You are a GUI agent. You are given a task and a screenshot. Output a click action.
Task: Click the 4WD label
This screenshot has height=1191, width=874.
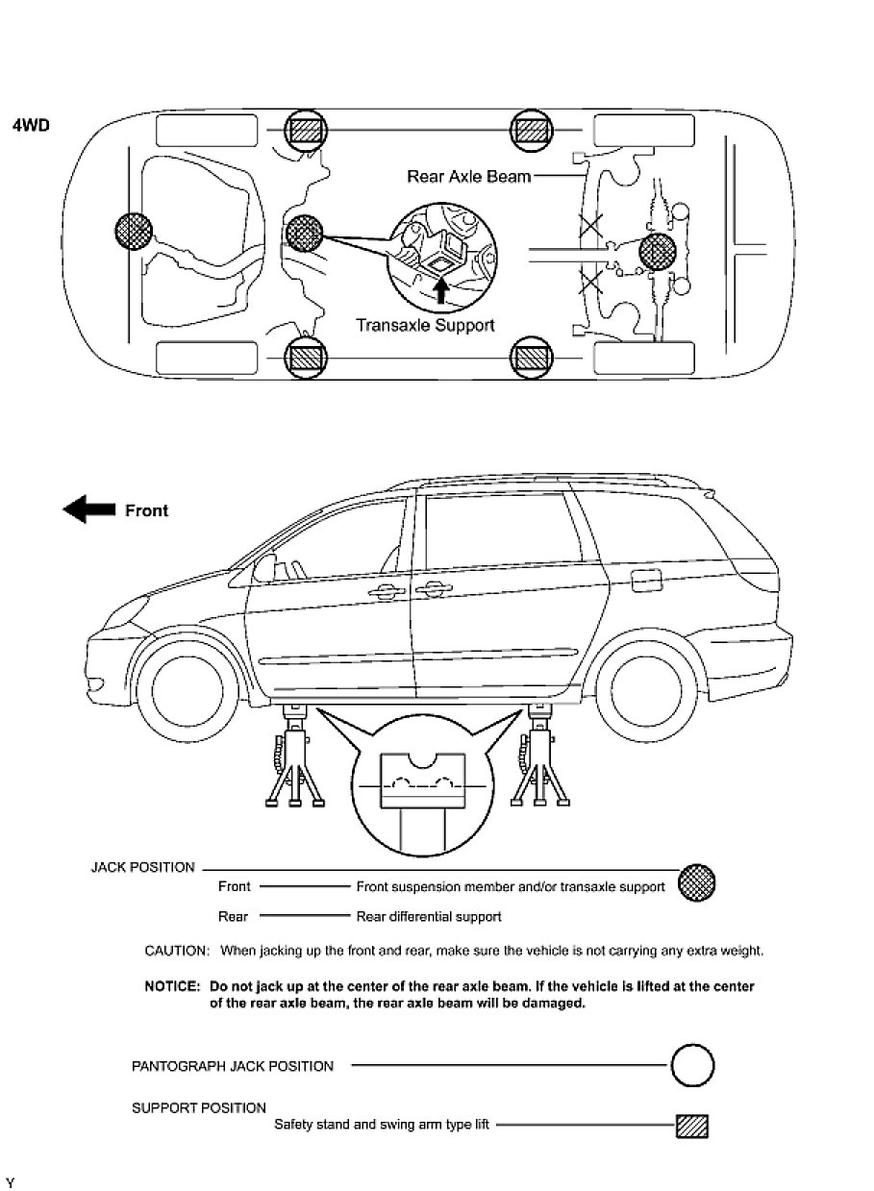[30, 126]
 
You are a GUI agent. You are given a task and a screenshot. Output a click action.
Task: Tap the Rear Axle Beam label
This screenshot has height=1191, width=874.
[468, 177]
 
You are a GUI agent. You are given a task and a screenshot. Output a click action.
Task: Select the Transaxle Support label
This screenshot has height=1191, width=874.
[425, 325]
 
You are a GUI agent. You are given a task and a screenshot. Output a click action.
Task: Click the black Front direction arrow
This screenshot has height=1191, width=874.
[88, 510]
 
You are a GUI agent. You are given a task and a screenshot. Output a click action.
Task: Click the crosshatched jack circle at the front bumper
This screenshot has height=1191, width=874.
[133, 233]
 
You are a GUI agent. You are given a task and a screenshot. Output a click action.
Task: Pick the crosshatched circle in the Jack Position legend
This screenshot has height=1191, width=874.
[696, 881]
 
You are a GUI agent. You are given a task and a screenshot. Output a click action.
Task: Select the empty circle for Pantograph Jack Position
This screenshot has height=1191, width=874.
[691, 1066]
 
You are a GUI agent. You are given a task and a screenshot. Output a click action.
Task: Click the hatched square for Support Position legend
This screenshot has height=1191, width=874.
[691, 1126]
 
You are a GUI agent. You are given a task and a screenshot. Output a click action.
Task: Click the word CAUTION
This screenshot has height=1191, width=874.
[177, 952]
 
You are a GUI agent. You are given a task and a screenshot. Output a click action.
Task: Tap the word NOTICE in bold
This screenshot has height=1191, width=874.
[172, 987]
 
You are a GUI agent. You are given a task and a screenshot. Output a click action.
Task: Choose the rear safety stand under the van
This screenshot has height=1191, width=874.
[537, 759]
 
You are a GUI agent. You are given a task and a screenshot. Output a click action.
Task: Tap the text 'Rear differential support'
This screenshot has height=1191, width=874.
[429, 917]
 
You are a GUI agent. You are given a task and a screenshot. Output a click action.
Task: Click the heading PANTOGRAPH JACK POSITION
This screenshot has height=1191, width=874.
[233, 1066]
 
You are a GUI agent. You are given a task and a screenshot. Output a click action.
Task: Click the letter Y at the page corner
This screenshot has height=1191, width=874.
[10, 1181]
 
